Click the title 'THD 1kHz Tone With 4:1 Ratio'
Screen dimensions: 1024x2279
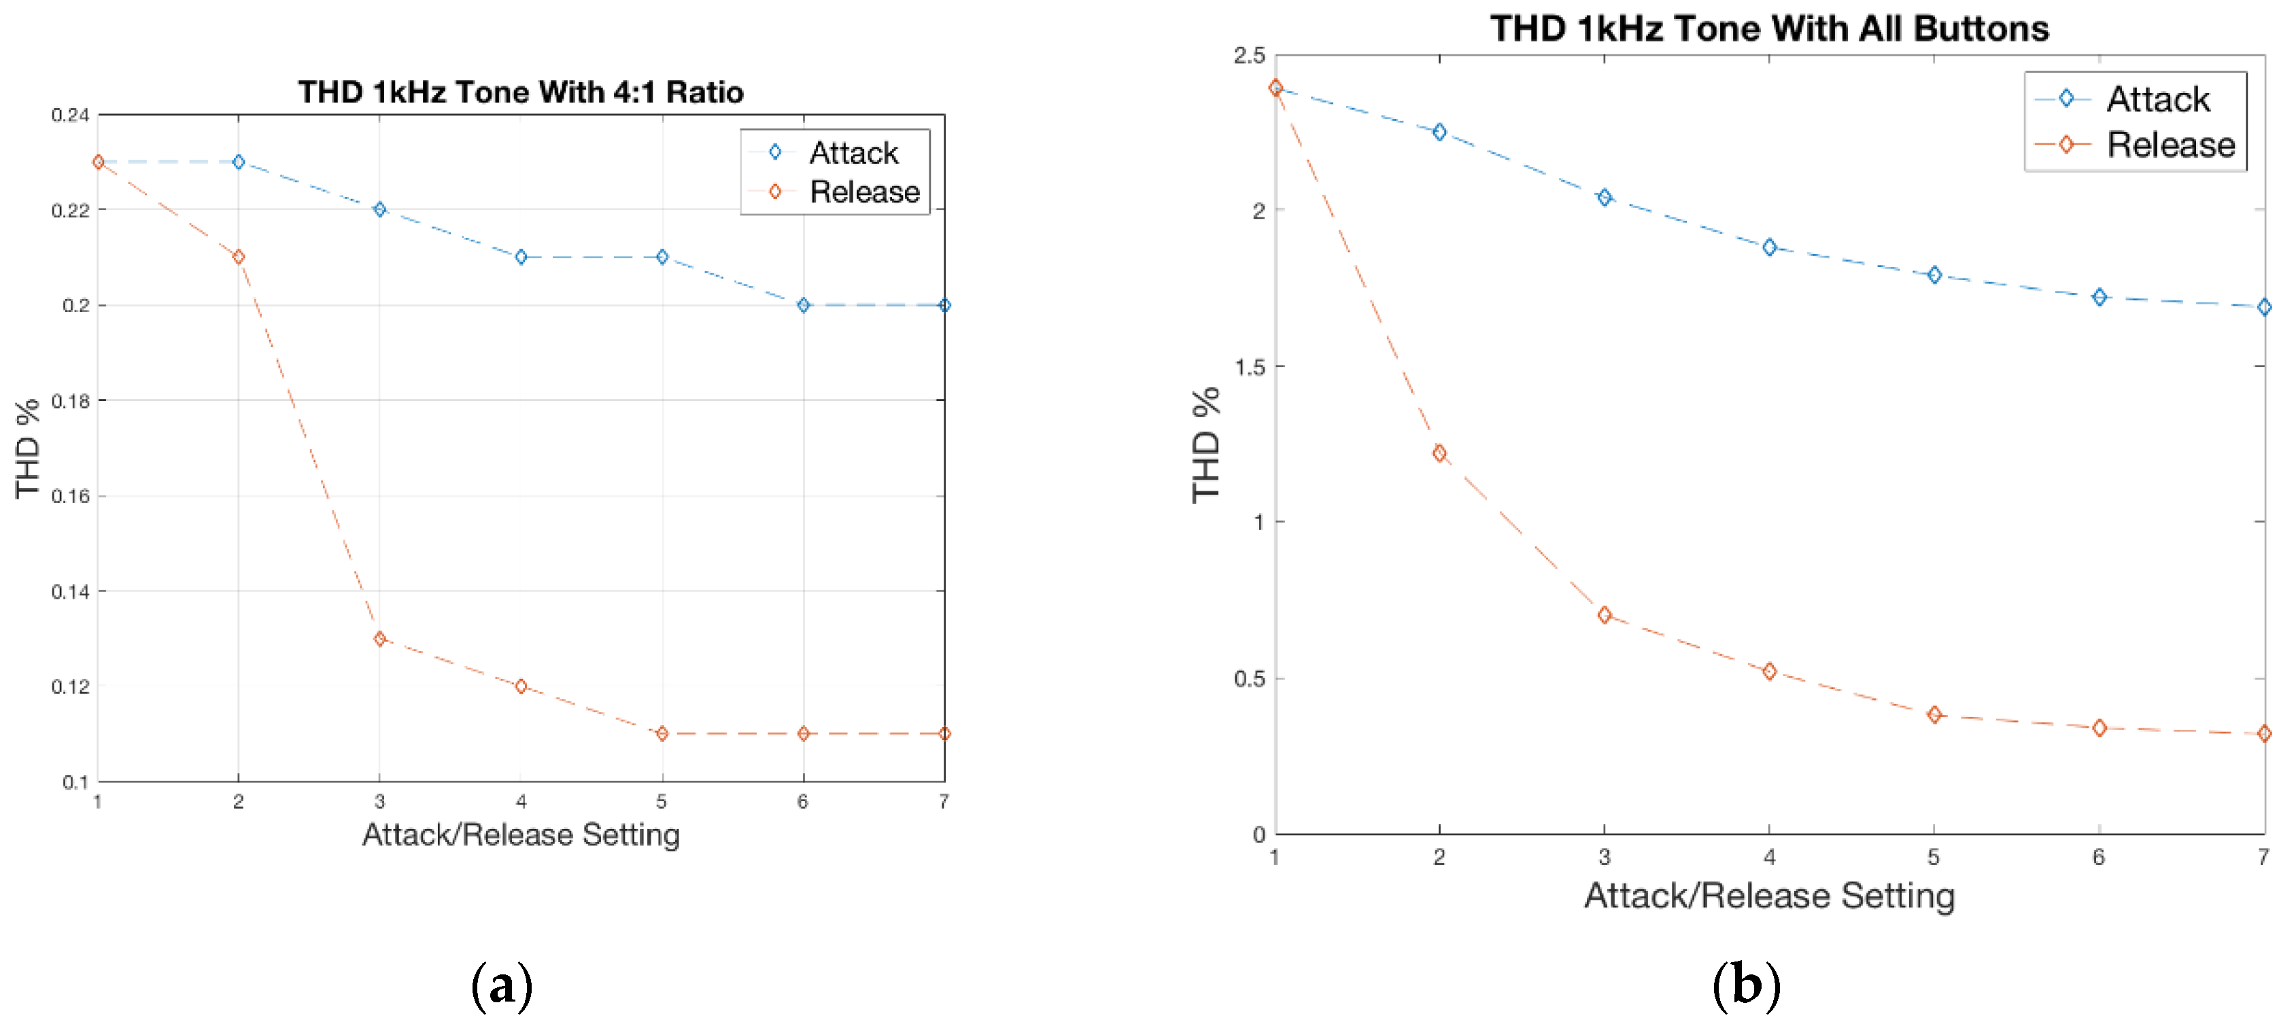click(520, 92)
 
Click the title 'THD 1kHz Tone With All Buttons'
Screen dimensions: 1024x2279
click(1769, 29)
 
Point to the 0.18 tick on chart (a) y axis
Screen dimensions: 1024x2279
click(71, 401)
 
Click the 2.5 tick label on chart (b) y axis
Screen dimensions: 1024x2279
click(1249, 56)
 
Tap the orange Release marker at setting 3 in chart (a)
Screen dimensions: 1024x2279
click(379, 639)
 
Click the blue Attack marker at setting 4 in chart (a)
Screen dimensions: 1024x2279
click(521, 258)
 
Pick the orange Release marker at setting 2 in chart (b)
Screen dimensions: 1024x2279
click(1439, 454)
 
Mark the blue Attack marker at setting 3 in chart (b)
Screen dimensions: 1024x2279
click(1604, 197)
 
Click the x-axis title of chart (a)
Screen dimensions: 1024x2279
click(520, 835)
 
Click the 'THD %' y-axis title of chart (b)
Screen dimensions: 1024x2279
click(1206, 445)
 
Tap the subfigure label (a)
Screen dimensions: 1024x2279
click(502, 984)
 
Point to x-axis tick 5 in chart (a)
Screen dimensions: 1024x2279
click(662, 802)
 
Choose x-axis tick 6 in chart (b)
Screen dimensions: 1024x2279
click(2099, 857)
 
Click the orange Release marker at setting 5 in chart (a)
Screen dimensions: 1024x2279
click(662, 734)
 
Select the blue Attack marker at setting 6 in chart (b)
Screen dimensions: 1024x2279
click(2100, 297)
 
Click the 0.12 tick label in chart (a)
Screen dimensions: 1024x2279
click(71, 686)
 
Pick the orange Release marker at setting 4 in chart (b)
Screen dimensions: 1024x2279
click(1769, 672)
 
